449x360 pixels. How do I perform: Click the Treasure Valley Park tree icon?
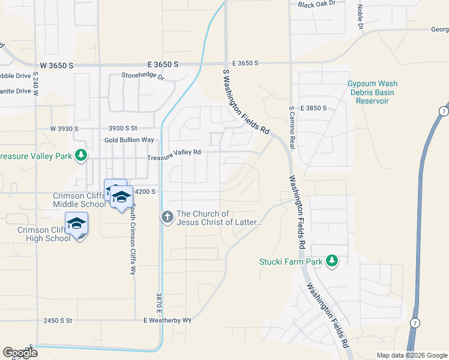(x=80, y=157)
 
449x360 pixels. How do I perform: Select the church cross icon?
(x=167, y=217)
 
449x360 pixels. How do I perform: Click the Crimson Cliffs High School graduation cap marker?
(x=77, y=223)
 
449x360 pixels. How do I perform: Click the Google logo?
(x=20, y=353)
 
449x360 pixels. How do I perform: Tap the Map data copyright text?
(x=412, y=355)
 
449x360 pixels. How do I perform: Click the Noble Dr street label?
(x=360, y=17)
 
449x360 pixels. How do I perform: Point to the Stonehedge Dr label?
(x=143, y=76)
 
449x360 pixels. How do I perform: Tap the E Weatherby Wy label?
(x=167, y=320)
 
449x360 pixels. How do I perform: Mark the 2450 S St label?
(x=58, y=321)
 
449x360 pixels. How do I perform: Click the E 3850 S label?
(x=311, y=108)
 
